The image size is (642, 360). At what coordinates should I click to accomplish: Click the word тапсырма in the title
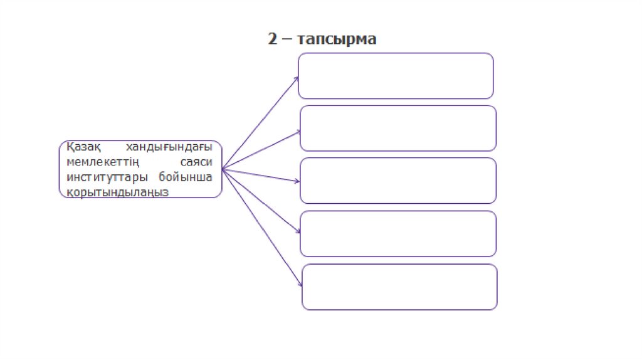coord(337,40)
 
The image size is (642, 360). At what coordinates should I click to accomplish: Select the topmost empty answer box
coord(396,76)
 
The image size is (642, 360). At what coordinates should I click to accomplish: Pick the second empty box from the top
coord(398,128)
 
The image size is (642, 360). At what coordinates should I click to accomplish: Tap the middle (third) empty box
coord(398,181)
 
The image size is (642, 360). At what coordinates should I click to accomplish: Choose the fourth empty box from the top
coord(398,233)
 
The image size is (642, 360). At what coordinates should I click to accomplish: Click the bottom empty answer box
coord(399,287)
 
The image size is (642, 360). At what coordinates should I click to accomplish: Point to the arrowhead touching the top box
coord(297,78)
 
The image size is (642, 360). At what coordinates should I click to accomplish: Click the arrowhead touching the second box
coord(298,131)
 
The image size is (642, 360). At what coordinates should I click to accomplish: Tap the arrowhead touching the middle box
coord(298,182)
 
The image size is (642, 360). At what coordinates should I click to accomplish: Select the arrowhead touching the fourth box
coord(298,233)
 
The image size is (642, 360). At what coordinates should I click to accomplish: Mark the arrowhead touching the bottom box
coord(300,286)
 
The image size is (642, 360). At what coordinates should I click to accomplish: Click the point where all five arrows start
coord(223,169)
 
